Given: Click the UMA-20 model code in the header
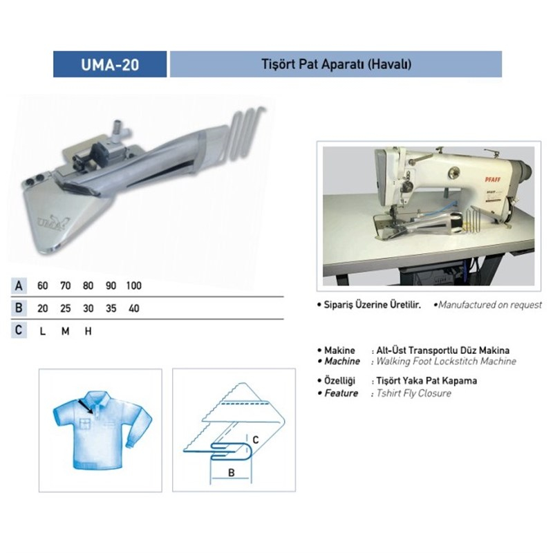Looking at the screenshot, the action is [x=110, y=64].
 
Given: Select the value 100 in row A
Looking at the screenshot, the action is [x=133, y=285].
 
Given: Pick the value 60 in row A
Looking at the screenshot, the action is [x=43, y=285].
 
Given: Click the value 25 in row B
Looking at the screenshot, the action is [x=66, y=308].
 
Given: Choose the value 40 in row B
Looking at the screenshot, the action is [x=134, y=308].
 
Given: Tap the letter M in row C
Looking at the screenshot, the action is [x=65, y=331].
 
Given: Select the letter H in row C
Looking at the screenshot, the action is [x=88, y=331].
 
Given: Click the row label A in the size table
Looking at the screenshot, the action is [x=19, y=285].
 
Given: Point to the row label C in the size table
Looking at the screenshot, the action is [x=19, y=330].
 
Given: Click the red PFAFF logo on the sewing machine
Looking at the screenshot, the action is [x=493, y=180].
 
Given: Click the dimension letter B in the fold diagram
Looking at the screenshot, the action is [x=232, y=473].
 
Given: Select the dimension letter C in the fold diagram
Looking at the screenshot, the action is [x=256, y=440].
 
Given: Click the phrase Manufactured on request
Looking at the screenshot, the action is [x=490, y=305].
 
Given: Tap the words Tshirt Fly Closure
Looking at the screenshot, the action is [x=413, y=393].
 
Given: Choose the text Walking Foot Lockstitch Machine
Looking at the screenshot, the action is [x=446, y=361].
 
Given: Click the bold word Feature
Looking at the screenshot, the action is [x=341, y=393].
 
